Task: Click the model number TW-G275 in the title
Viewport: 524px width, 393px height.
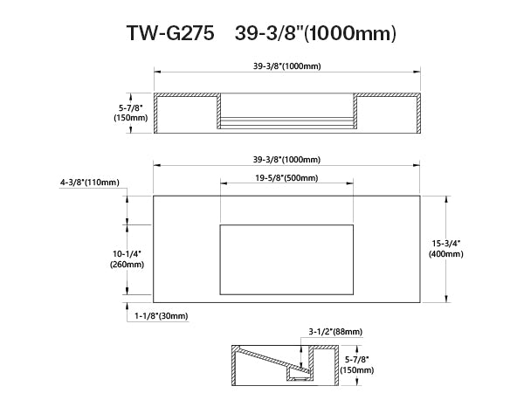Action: tap(170, 33)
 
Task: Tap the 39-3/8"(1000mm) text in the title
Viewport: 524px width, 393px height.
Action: tap(315, 33)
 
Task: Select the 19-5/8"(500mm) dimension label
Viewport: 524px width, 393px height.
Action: tap(286, 178)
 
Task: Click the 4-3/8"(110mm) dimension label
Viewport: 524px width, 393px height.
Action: tap(90, 183)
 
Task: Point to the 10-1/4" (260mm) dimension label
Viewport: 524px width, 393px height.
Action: tap(127, 259)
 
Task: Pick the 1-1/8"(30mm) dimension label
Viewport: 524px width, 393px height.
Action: tap(162, 316)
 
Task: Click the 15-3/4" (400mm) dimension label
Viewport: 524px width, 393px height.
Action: tap(446, 249)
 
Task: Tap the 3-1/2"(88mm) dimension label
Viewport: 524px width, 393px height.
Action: tap(335, 332)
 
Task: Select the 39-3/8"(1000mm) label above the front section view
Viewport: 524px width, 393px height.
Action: tap(286, 66)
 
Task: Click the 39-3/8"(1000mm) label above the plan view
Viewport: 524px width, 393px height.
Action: tap(286, 160)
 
